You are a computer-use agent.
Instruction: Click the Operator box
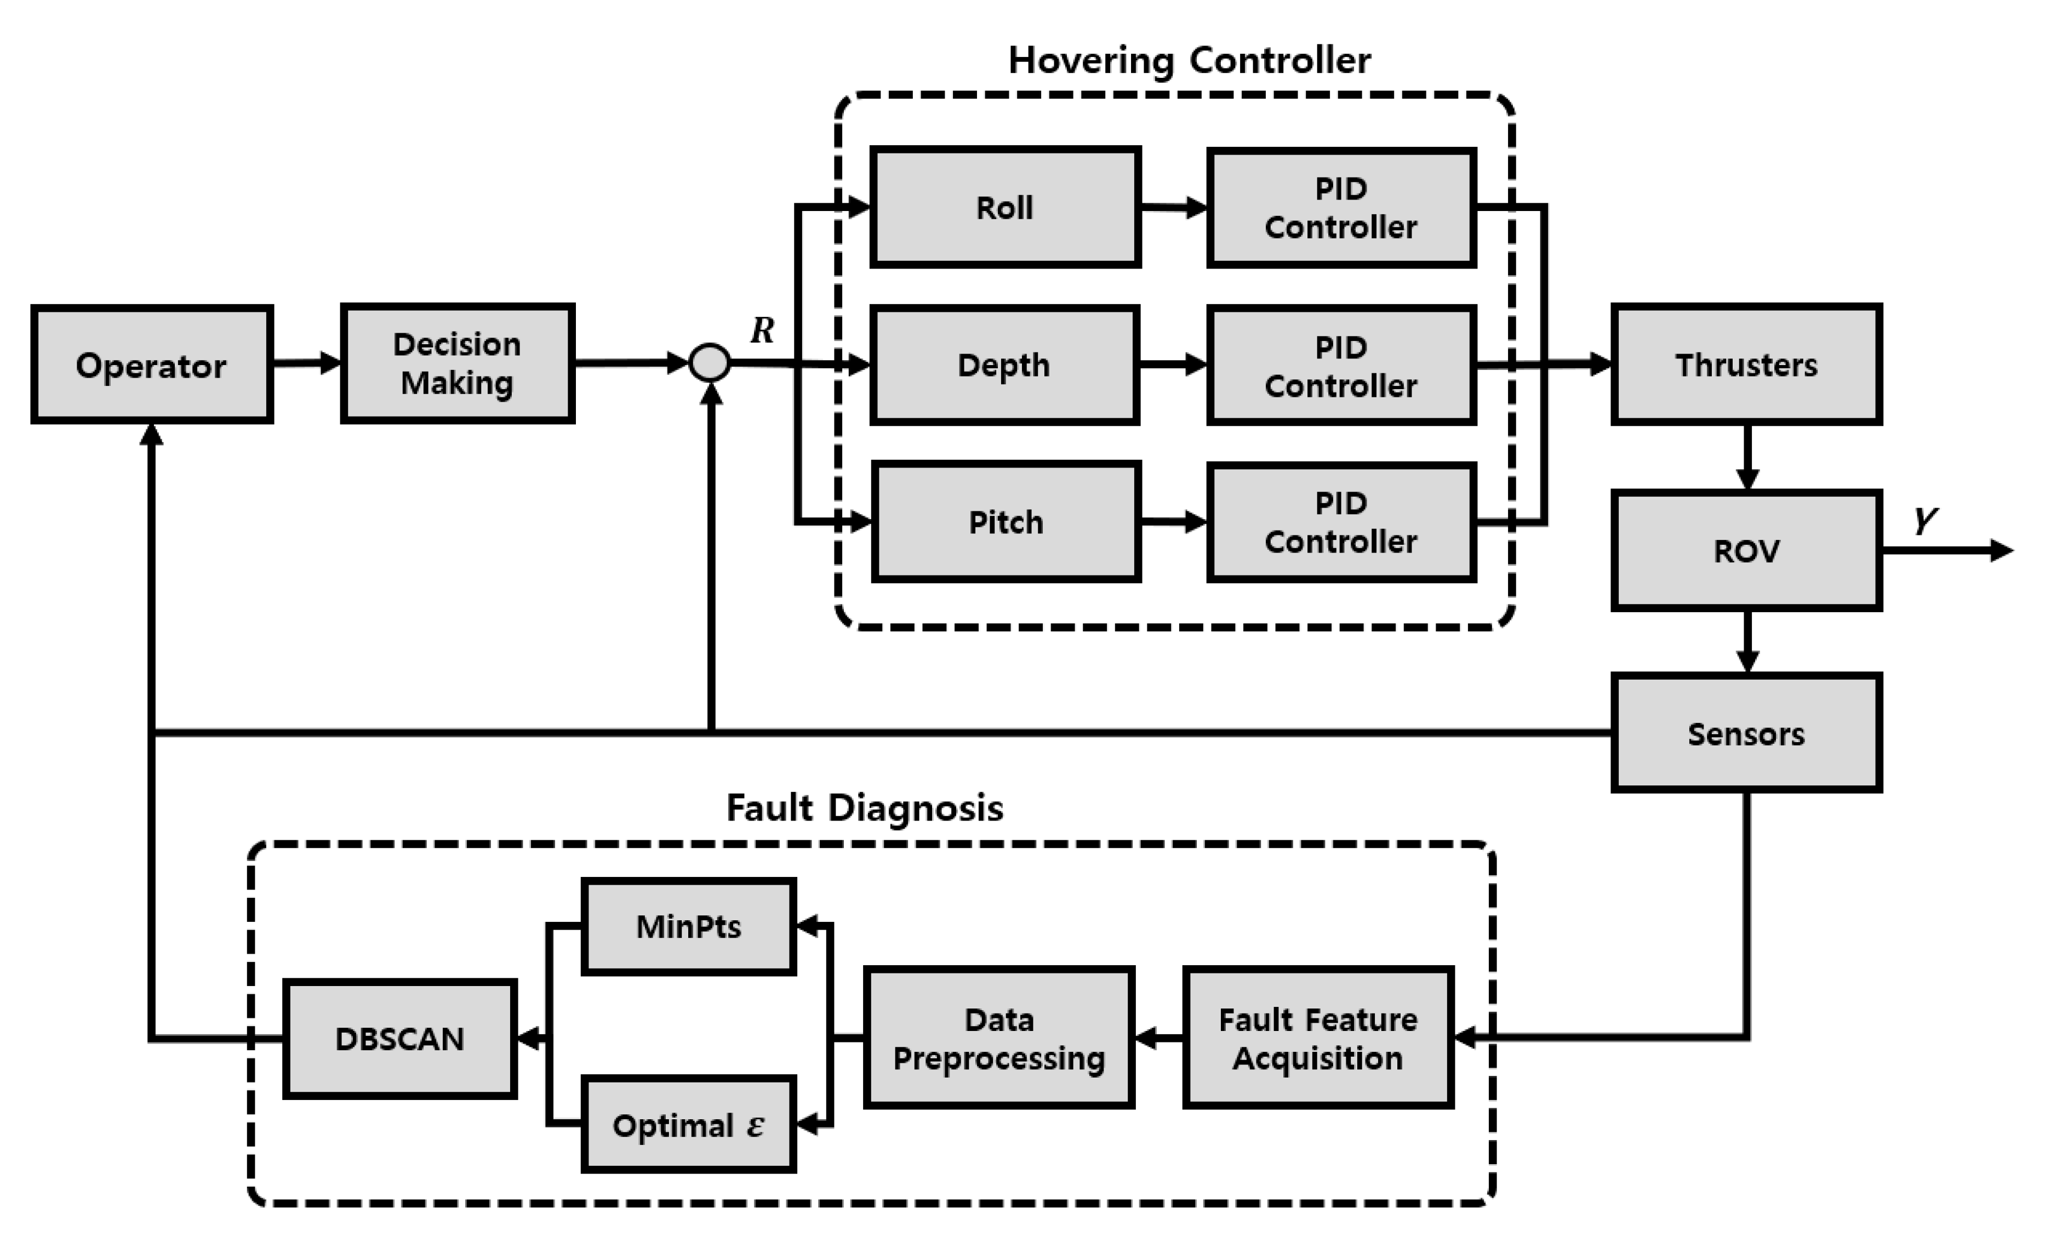(x=152, y=364)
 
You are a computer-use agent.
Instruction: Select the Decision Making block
(x=458, y=363)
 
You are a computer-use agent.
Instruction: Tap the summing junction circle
(x=710, y=363)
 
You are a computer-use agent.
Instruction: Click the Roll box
(x=1005, y=207)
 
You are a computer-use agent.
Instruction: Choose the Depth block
(x=1004, y=364)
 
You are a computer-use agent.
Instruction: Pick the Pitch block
(x=1006, y=521)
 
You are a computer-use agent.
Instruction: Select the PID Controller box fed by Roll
(x=1341, y=208)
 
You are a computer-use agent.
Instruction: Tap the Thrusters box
(x=1746, y=364)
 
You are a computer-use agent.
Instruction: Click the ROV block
(x=1746, y=550)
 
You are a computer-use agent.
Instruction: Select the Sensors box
(x=1746, y=733)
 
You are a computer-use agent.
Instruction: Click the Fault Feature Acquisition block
(x=1318, y=1038)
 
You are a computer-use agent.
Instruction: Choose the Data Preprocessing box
(x=999, y=1038)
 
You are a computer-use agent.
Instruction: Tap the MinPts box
(x=689, y=926)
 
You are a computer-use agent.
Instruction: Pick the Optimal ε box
(x=689, y=1124)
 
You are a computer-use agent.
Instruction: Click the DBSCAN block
(x=400, y=1039)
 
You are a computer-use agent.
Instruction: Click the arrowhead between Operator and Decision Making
(x=330, y=363)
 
